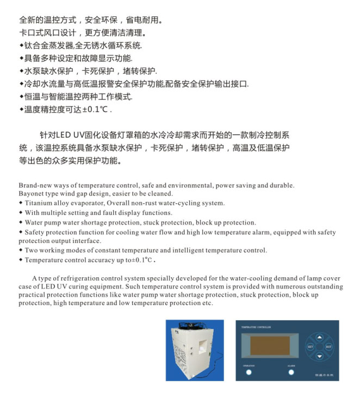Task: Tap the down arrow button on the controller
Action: click(319, 356)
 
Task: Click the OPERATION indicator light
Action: click(249, 373)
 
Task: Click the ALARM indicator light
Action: click(291, 373)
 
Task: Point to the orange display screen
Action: click(270, 346)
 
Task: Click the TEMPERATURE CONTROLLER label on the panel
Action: click(255, 327)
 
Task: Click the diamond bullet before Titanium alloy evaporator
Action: click(21, 203)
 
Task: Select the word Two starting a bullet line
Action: click(32, 251)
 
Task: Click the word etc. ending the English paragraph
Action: click(207, 303)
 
